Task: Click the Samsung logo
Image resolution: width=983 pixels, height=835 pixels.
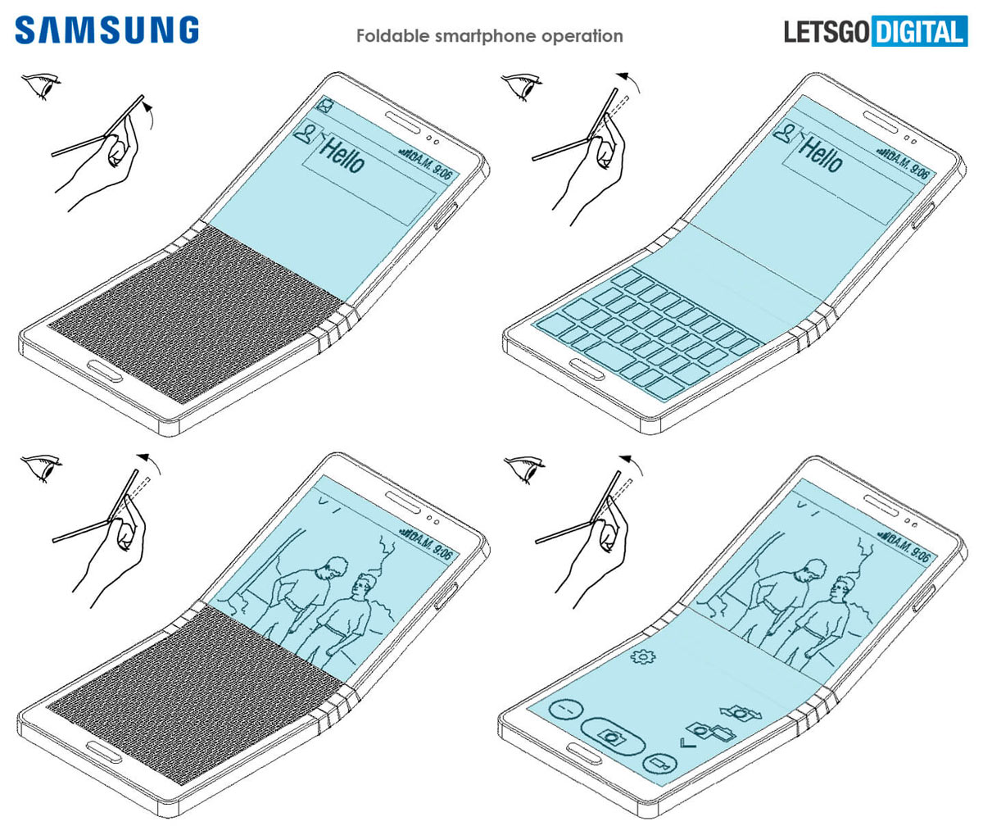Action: (x=106, y=30)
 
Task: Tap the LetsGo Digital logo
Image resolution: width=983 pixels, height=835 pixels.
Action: (x=875, y=32)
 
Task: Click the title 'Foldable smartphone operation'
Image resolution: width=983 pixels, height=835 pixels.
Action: (x=489, y=36)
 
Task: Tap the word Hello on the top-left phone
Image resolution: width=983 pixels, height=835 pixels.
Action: (x=342, y=155)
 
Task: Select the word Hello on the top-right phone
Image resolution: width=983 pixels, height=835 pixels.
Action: (x=820, y=154)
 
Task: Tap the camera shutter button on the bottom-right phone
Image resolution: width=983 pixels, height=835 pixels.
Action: (x=611, y=734)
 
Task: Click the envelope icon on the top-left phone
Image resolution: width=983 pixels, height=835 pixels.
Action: (x=326, y=106)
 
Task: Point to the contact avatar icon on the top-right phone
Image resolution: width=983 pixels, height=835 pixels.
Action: (x=786, y=130)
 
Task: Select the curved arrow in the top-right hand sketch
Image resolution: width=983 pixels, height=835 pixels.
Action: (x=630, y=79)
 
